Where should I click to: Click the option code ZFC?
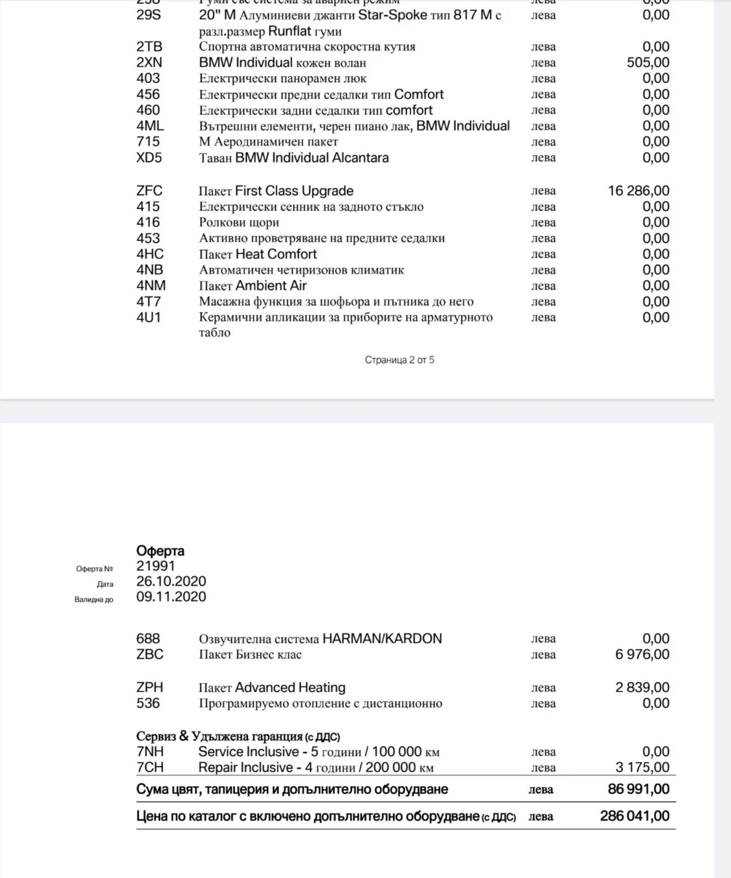coord(149,191)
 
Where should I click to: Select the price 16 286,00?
coord(638,191)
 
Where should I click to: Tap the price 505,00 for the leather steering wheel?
coord(648,63)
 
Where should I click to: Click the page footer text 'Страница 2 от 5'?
coord(399,360)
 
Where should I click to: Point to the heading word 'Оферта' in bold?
coord(160,551)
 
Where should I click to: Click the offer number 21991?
coord(156,566)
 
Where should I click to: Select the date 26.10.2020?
coord(171,581)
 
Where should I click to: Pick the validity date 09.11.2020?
coord(171,596)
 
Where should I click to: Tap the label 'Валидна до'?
coord(94,600)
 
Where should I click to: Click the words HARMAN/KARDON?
coord(382,639)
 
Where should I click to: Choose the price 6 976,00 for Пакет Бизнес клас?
coord(642,655)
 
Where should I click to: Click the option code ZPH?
coord(149,687)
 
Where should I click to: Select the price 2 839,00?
coord(642,687)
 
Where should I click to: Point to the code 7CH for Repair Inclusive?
coord(149,767)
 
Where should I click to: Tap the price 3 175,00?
coord(642,767)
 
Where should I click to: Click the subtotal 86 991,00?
coord(638,789)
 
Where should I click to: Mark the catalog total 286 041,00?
coord(635,816)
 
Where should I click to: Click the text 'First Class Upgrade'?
coord(294,191)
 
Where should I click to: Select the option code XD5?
coord(149,158)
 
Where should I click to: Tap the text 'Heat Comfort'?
coord(276,254)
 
